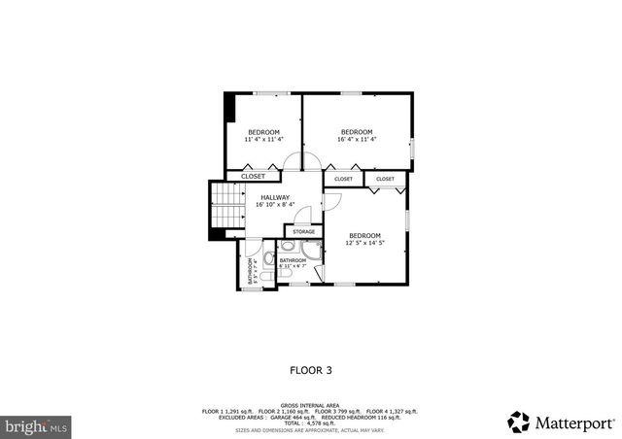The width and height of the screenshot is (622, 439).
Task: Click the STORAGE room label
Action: [304, 231]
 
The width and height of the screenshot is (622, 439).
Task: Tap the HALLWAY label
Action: [274, 197]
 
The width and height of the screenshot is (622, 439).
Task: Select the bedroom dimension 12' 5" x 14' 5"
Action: [364, 243]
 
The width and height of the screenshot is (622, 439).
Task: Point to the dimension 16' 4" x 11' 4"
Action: [357, 139]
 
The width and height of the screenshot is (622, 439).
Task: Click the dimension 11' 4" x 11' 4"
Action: [263, 139]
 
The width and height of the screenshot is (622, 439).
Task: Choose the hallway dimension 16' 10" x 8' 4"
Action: [274, 205]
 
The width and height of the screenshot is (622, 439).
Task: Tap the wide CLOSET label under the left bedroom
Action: [253, 177]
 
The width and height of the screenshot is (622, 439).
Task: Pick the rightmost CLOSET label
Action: [386, 179]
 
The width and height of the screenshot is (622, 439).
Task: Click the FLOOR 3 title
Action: [311, 369]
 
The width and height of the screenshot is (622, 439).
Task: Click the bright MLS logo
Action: [37, 425]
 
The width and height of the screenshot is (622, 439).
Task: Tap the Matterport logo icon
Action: [518, 422]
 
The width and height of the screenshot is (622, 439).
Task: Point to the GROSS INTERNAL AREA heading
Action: [311, 405]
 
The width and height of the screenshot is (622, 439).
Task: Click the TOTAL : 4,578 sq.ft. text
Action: [311, 423]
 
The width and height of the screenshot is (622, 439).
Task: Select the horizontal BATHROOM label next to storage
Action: [293, 260]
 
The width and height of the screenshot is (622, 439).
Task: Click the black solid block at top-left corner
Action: [229, 107]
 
